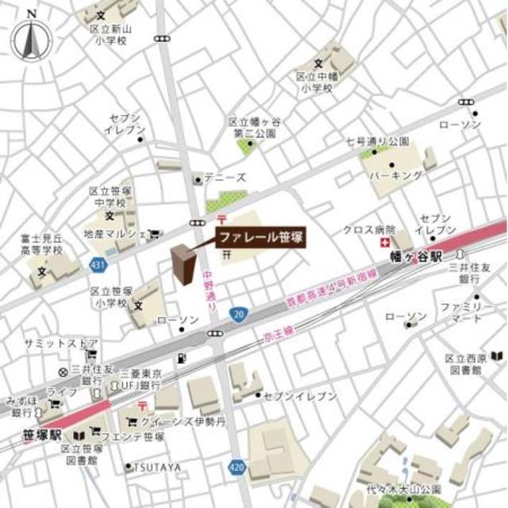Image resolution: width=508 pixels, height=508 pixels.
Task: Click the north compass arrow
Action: click(x=30, y=39)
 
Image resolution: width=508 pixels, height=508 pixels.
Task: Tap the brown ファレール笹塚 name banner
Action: click(x=260, y=237)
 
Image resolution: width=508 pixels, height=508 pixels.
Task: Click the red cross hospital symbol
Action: click(x=385, y=243)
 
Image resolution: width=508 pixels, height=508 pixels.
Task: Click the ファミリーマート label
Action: click(x=460, y=311)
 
